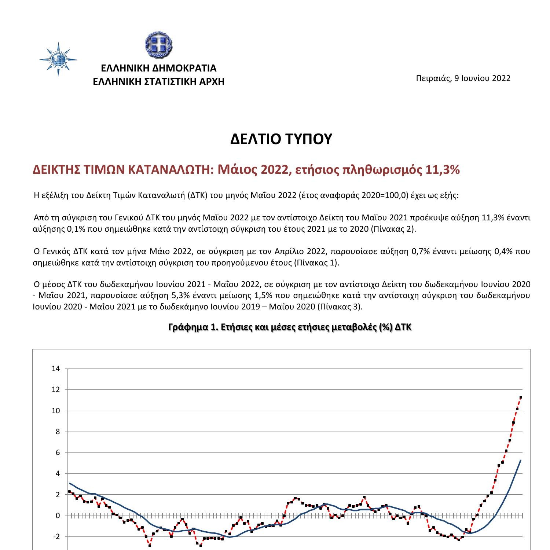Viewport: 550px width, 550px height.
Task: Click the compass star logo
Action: (58, 59)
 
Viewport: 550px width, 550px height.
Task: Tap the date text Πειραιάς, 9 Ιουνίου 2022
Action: (463, 78)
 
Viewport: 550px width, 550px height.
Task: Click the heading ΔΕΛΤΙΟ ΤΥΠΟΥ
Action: (281, 139)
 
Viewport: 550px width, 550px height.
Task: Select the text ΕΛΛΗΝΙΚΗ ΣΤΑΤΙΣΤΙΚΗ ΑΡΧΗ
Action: (158, 81)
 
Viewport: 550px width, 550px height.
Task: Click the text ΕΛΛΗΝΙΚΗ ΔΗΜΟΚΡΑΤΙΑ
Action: (158, 68)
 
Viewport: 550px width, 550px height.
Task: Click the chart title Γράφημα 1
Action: (290, 327)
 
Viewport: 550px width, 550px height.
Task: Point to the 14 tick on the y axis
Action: (56, 369)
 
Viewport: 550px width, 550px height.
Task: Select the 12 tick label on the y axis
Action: (56, 390)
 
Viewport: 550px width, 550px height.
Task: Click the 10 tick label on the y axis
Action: (56, 411)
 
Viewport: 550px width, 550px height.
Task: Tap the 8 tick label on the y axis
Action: (57, 432)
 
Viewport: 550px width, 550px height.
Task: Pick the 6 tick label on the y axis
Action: (57, 453)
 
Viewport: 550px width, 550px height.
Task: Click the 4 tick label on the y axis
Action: (57, 474)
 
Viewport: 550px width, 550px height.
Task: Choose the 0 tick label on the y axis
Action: (57, 516)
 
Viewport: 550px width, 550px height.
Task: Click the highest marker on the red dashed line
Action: (521, 397)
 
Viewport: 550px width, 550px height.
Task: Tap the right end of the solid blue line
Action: (521, 460)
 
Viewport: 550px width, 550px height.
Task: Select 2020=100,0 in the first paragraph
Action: (385, 195)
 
